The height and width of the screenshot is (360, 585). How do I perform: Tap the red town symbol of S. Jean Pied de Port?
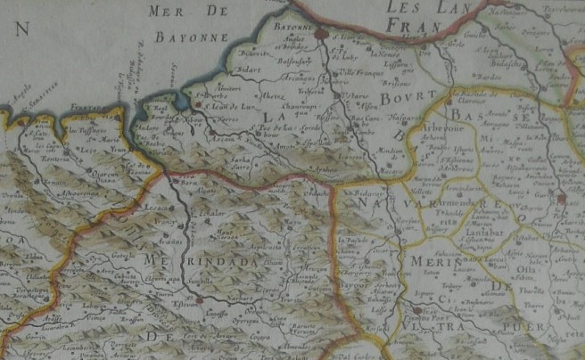(416, 311)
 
